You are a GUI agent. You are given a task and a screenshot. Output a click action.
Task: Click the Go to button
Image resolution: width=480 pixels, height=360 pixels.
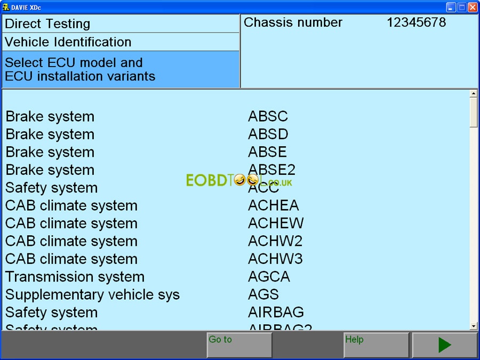click(x=239, y=345)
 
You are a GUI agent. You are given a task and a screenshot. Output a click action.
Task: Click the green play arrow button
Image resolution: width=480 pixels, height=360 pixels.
click(x=444, y=345)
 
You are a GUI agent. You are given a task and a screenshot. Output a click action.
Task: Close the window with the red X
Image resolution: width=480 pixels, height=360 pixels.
click(x=473, y=7)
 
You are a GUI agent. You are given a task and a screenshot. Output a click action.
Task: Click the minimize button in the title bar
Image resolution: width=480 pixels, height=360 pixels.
click(x=451, y=7)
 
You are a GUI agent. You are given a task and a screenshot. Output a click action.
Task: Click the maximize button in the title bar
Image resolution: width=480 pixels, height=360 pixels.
click(x=462, y=7)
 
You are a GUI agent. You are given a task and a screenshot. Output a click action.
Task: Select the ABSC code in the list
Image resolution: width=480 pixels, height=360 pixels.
click(x=268, y=116)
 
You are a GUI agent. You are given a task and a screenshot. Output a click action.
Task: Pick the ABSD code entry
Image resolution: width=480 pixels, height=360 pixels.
click(x=268, y=134)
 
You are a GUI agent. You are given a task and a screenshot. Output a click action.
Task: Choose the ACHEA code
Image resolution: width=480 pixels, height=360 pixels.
click(x=273, y=205)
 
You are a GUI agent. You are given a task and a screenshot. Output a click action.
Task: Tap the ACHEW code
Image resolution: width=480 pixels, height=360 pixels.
click(x=276, y=223)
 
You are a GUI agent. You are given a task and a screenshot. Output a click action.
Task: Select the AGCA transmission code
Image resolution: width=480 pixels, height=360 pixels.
click(x=269, y=277)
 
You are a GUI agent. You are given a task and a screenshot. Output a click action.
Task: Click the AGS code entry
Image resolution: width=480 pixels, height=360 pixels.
click(x=263, y=294)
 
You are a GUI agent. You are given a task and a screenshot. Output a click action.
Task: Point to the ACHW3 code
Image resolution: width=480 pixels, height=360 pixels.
click(x=275, y=259)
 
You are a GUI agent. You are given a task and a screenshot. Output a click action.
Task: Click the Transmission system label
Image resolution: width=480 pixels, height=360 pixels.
click(x=75, y=277)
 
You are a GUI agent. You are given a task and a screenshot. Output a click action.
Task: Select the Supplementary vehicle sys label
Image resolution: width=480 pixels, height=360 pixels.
click(x=92, y=294)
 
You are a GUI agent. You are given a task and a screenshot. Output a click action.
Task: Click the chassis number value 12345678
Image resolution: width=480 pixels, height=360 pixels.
click(x=416, y=22)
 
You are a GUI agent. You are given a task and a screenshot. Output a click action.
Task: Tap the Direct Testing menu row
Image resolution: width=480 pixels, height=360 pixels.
click(x=121, y=23)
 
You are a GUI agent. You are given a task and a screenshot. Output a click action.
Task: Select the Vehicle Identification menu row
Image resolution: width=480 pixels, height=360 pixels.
click(x=121, y=42)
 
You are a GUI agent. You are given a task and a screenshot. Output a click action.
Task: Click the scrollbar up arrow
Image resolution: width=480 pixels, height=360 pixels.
click(x=474, y=94)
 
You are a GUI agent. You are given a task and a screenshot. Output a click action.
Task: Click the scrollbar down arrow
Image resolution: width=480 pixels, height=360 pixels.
click(x=474, y=326)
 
